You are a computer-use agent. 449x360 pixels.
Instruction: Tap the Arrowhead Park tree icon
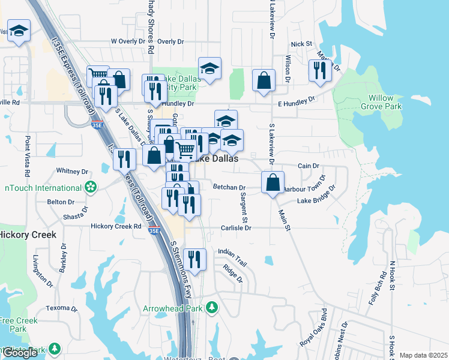tap(211, 308)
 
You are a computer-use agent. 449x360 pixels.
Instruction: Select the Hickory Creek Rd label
tap(115, 227)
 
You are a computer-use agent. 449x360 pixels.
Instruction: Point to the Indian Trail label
tap(233, 252)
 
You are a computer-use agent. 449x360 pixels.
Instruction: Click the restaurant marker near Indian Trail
tap(194, 259)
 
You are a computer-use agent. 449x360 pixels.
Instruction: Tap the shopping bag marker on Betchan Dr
tap(273, 182)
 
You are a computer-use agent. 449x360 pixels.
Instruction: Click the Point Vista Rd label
tap(28, 151)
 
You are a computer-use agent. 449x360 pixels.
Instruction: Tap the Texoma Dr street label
tap(59, 308)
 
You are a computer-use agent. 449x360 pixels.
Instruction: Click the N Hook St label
tap(393, 275)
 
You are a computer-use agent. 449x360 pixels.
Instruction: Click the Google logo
tap(20, 353)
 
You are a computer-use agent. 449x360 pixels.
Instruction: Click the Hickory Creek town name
tap(28, 235)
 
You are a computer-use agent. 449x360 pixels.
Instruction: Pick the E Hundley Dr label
tap(297, 102)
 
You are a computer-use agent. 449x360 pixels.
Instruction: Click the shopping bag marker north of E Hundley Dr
tap(264, 80)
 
